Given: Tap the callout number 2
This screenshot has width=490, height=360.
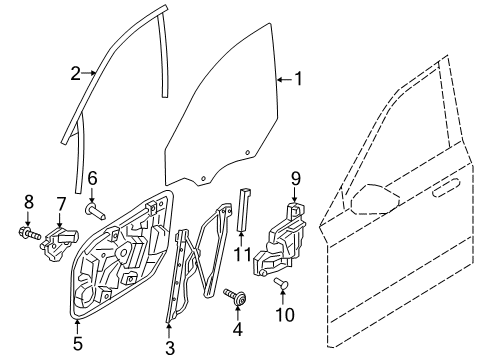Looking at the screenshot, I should tap(74, 72).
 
